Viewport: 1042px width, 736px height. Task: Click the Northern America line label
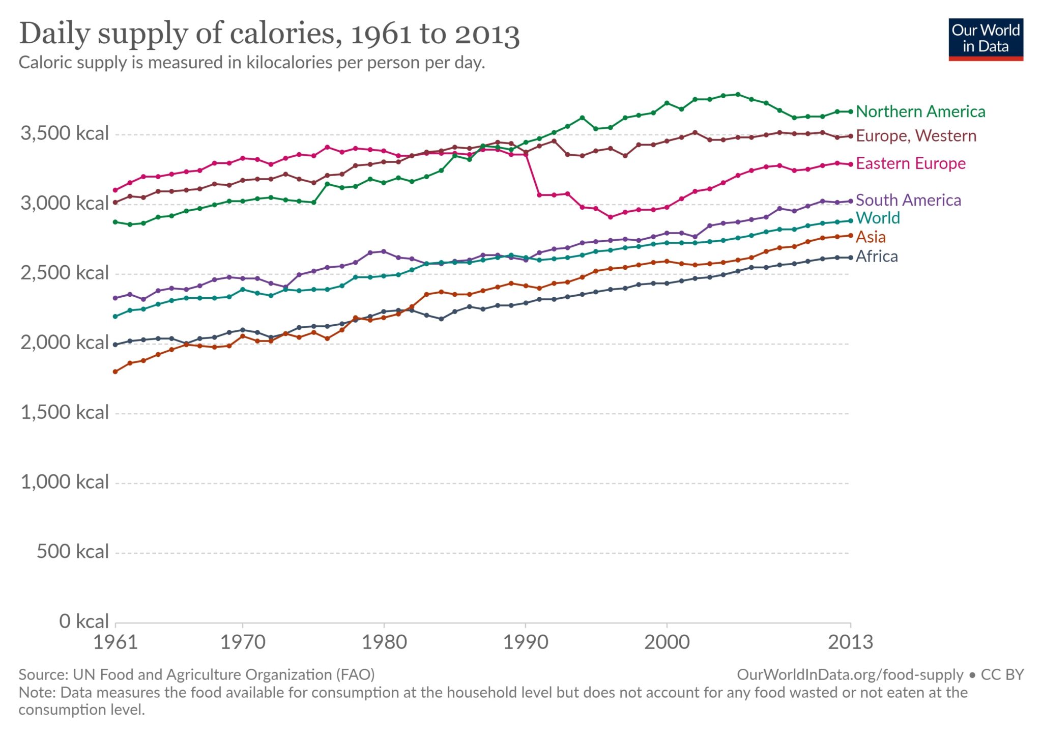click(920, 111)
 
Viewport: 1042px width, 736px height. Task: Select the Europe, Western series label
click(916, 136)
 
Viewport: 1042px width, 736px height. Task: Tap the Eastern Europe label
click(910, 163)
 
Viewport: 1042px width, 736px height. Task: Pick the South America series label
click(908, 200)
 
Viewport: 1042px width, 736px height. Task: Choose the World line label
click(877, 218)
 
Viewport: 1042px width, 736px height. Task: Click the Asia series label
click(870, 237)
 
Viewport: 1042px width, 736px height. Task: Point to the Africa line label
click(876, 256)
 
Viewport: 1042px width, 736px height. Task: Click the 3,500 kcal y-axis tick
click(65, 133)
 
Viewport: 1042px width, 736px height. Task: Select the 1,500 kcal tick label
click(65, 412)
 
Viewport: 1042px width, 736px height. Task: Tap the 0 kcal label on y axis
click(84, 621)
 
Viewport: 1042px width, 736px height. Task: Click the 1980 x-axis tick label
click(384, 642)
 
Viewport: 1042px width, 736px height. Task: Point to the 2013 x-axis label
click(850, 642)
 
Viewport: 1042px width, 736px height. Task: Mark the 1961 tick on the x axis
click(115, 642)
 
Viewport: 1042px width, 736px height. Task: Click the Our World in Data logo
click(986, 39)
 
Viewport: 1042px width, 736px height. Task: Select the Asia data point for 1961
click(115, 372)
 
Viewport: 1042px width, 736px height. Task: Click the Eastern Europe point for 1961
click(115, 190)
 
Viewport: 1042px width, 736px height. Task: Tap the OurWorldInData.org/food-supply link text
click(850, 674)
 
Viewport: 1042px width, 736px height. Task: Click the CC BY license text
click(1002, 674)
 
